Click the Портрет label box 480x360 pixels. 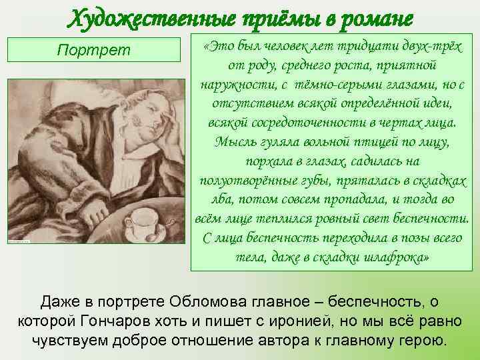pos(95,50)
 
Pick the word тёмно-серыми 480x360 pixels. pos(335,86)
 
